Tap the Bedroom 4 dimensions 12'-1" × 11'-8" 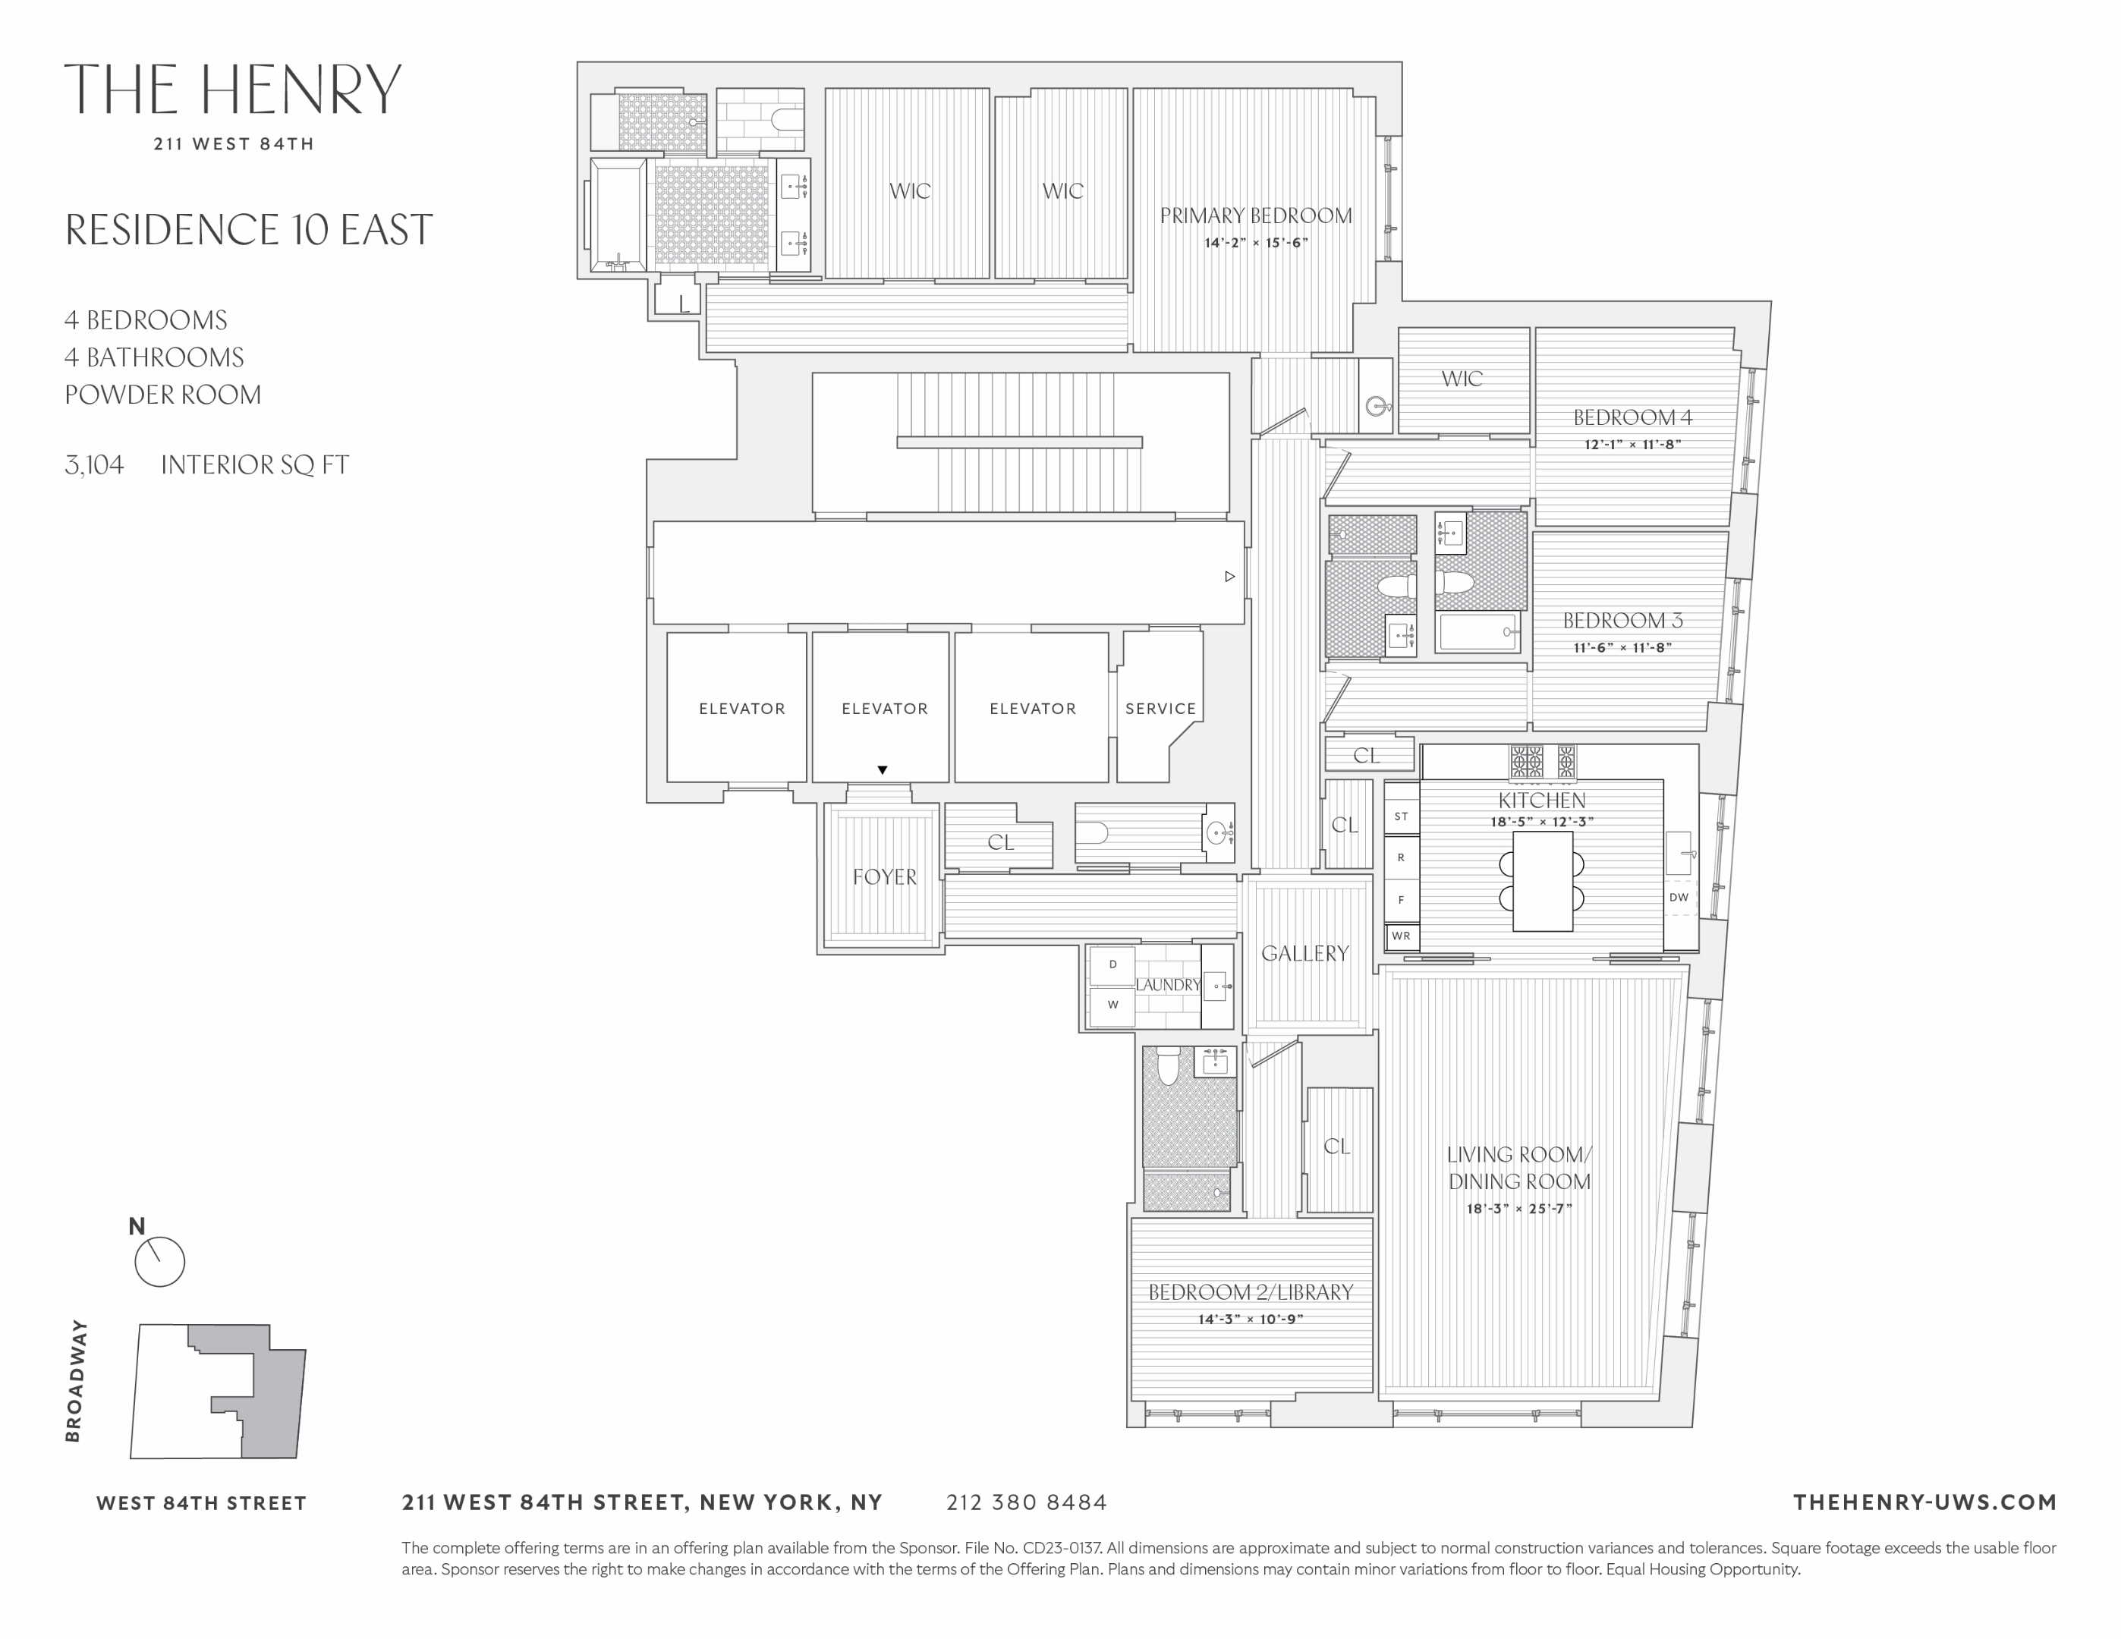[1632, 444]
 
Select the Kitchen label [1541, 800]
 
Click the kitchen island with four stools [1542, 881]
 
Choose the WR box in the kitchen [1400, 936]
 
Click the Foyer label [884, 876]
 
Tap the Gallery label [1304, 954]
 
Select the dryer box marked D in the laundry [1113, 964]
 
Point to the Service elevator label [1160, 709]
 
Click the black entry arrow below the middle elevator [882, 770]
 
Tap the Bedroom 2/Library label [1250, 1292]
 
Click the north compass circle [159, 1263]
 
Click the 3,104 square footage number [94, 465]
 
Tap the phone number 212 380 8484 [1027, 1502]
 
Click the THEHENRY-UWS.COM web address [1924, 1502]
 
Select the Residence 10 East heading [249, 230]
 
